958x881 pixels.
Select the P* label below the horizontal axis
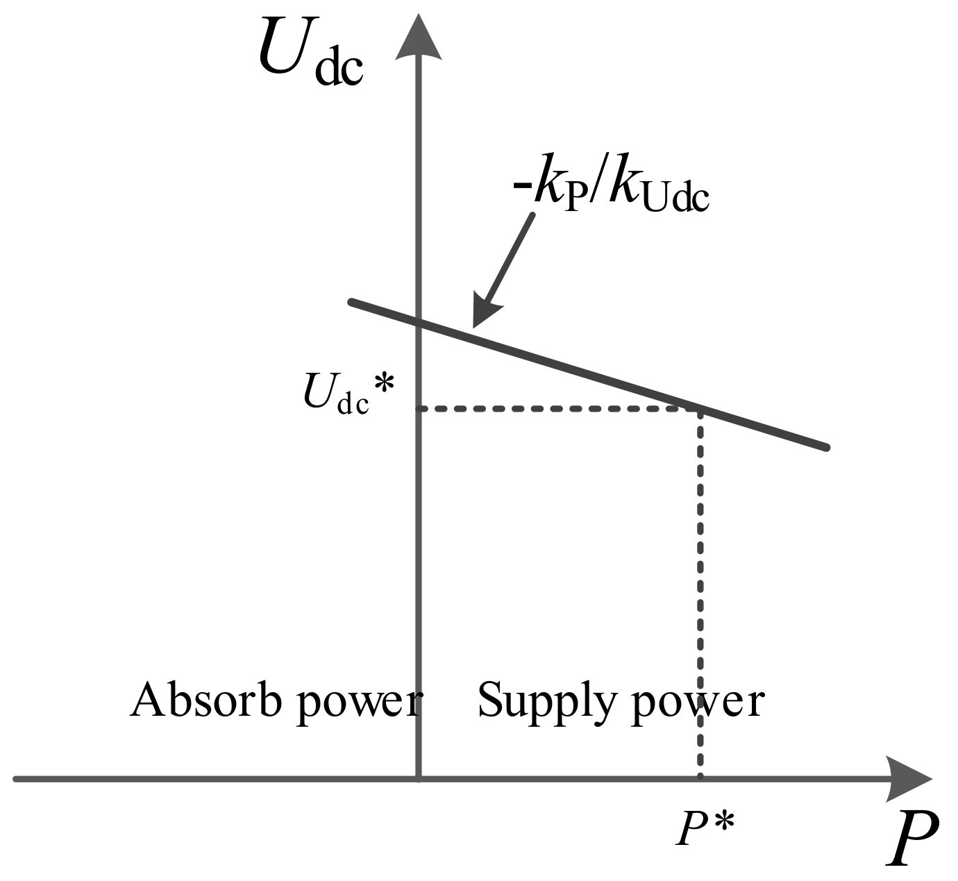coord(705,828)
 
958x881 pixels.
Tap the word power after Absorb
coord(359,703)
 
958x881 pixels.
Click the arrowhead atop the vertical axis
coord(419,38)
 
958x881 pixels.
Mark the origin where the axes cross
coord(419,779)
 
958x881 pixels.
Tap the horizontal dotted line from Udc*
coord(555,409)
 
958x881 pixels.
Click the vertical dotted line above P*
coord(700,590)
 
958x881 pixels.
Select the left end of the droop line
coord(352,301)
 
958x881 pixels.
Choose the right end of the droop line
coord(827,448)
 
